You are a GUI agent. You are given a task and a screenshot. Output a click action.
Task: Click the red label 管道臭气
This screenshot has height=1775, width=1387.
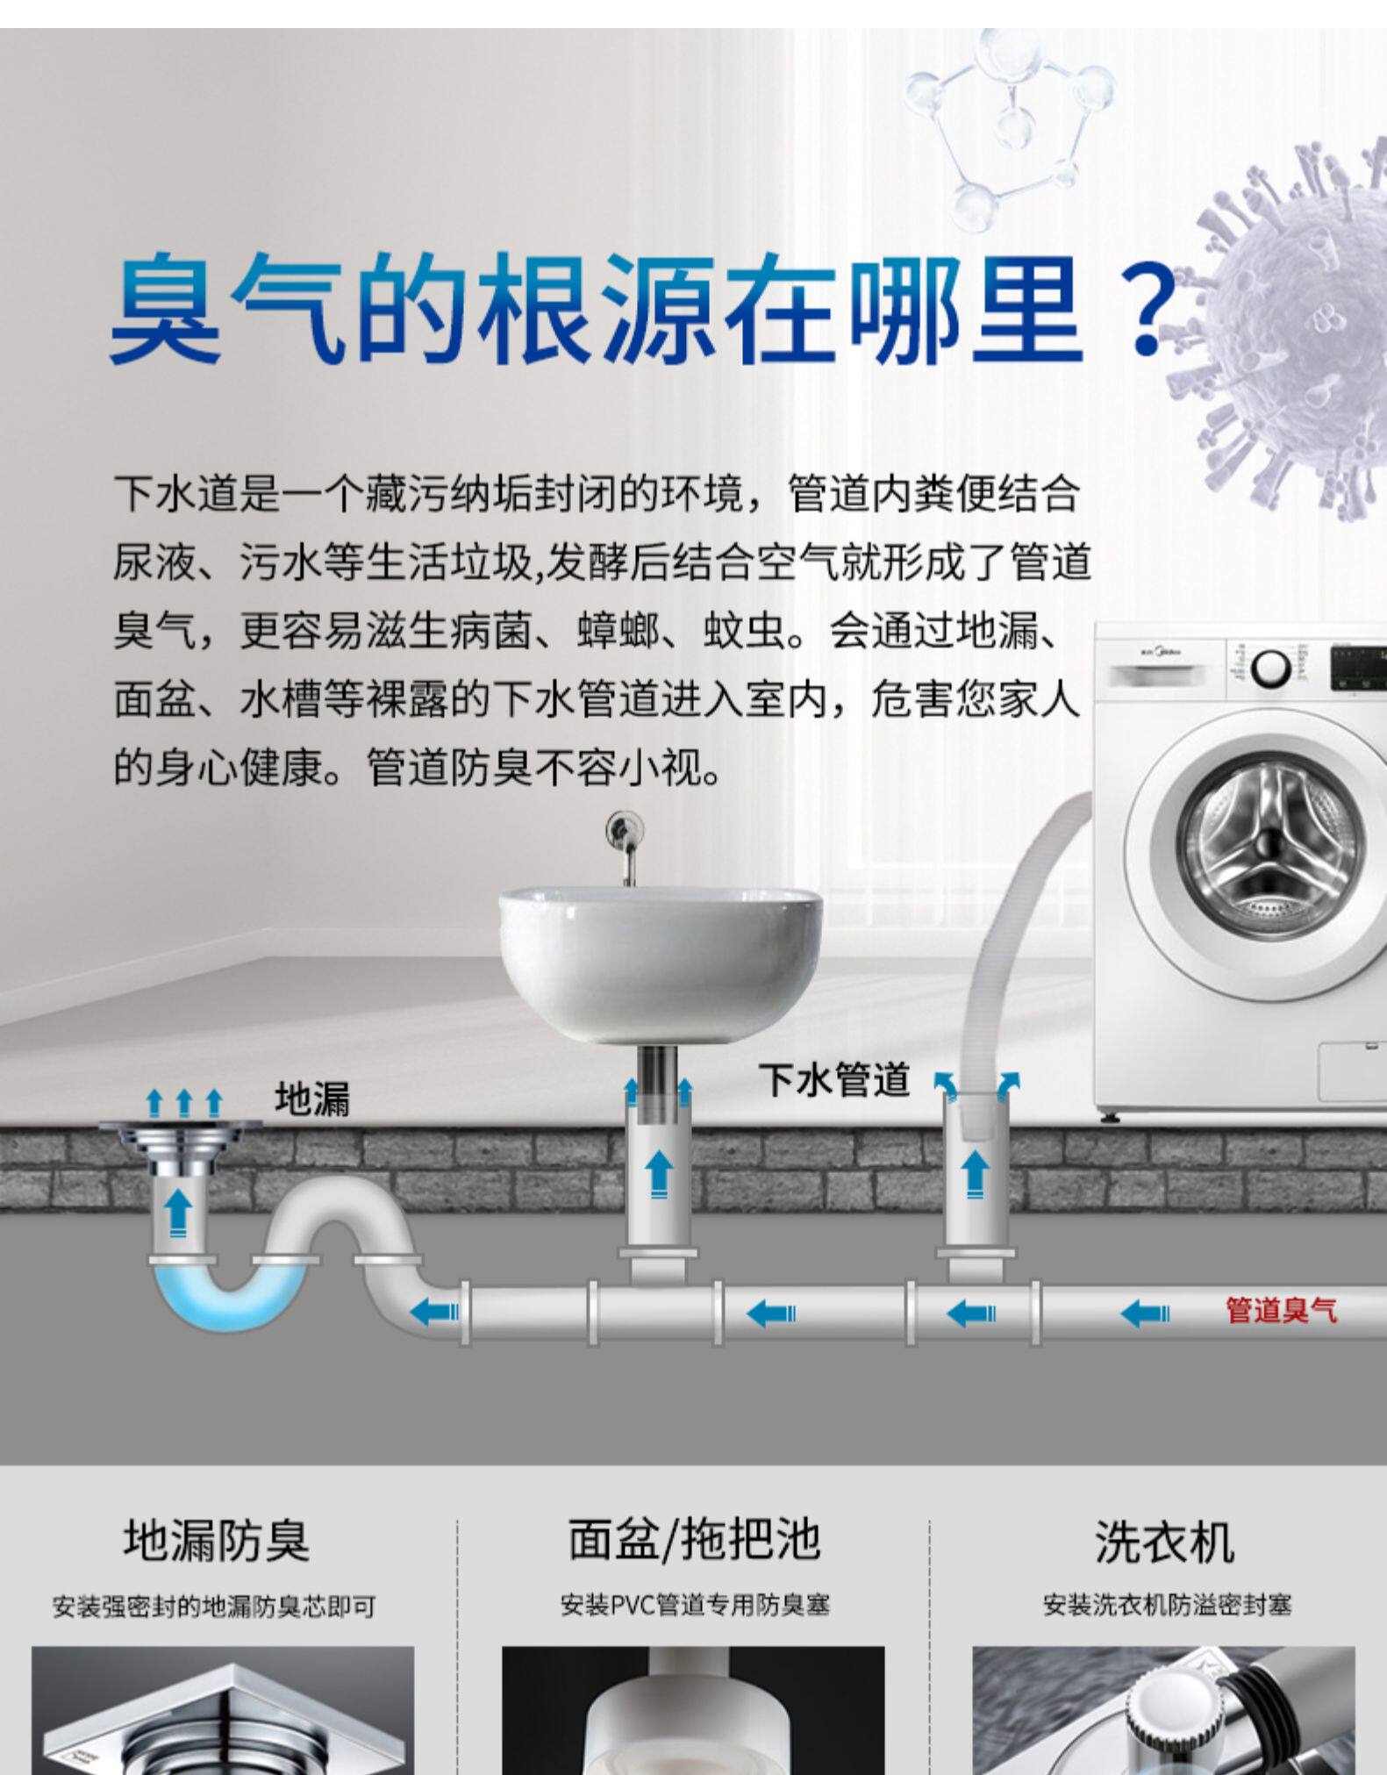pyautogui.click(x=1281, y=1311)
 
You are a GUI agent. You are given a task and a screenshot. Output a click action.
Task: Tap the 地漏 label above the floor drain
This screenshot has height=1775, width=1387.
pyautogui.click(x=312, y=1099)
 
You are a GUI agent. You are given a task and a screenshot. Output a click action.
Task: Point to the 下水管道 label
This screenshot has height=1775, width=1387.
pyautogui.click(x=834, y=1080)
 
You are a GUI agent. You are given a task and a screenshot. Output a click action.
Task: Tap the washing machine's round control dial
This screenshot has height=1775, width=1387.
pyautogui.click(x=1269, y=669)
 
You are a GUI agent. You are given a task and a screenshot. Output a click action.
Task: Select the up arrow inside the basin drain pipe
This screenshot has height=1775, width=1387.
pyautogui.click(x=659, y=1172)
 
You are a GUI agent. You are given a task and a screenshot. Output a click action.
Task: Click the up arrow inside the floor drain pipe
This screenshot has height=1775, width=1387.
pyautogui.click(x=179, y=1212)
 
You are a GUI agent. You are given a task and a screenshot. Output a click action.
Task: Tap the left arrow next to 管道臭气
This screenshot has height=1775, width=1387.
pyautogui.click(x=1145, y=1313)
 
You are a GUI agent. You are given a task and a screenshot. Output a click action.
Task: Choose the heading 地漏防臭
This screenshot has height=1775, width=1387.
pyautogui.click(x=217, y=1542)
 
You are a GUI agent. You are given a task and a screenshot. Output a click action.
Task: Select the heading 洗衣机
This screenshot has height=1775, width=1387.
pyautogui.click(x=1164, y=1542)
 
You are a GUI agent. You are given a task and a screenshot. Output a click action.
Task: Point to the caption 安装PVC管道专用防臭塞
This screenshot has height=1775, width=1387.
pyautogui.click(x=695, y=1606)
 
